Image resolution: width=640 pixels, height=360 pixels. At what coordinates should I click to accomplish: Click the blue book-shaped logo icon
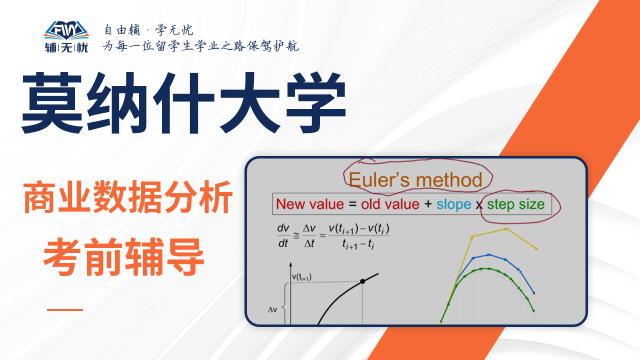pyautogui.click(x=66, y=30)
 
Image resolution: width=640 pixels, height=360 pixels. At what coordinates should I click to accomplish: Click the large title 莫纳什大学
pyautogui.click(x=183, y=103)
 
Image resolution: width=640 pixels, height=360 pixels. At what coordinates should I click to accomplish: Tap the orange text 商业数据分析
pyautogui.click(x=127, y=197)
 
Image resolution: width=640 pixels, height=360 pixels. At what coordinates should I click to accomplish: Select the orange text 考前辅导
pyautogui.click(x=123, y=256)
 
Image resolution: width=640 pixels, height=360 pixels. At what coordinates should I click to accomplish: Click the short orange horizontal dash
pyautogui.click(x=65, y=309)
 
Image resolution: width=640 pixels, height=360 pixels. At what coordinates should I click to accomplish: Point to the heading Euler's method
pyautogui.click(x=415, y=180)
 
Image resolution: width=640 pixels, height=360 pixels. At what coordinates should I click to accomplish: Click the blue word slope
pyautogui.click(x=453, y=204)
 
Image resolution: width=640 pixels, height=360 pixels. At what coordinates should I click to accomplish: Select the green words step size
pyautogui.click(x=515, y=204)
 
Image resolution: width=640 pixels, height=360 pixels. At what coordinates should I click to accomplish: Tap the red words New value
pyautogui.click(x=310, y=204)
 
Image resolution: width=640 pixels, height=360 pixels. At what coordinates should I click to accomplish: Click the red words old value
pyautogui.click(x=390, y=204)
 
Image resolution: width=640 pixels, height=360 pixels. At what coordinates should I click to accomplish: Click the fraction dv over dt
pyautogui.click(x=283, y=235)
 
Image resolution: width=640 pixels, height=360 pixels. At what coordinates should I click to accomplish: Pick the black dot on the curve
pyautogui.click(x=362, y=281)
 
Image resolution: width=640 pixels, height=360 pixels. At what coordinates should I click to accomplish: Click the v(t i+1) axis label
pyautogui.click(x=301, y=277)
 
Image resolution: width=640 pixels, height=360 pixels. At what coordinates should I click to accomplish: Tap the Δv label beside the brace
pyautogui.click(x=272, y=309)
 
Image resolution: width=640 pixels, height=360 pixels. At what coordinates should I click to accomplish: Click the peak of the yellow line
pyautogui.click(x=506, y=229)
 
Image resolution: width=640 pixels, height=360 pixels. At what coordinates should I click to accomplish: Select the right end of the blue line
pyautogui.click(x=534, y=293)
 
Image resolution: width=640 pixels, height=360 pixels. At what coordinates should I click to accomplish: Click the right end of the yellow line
pyautogui.click(x=537, y=249)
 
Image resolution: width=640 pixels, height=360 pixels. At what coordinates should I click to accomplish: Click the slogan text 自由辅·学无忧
pyautogui.click(x=148, y=30)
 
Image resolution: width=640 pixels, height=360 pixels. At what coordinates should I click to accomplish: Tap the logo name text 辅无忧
pyautogui.click(x=66, y=47)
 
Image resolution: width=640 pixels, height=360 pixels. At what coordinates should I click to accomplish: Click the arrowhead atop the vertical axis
pyautogui.click(x=290, y=264)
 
